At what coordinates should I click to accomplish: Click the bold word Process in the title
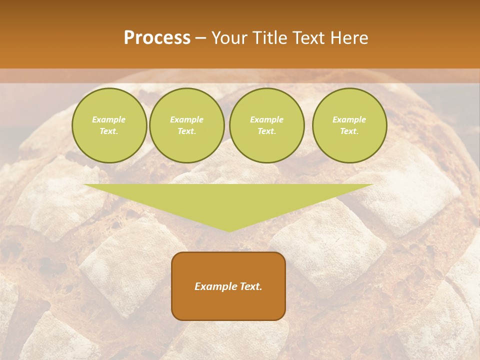157,38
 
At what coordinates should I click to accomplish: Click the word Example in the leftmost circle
109,119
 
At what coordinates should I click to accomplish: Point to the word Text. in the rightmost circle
349,131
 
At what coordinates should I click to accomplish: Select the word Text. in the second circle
186,131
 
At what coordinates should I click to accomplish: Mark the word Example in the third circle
266,119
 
